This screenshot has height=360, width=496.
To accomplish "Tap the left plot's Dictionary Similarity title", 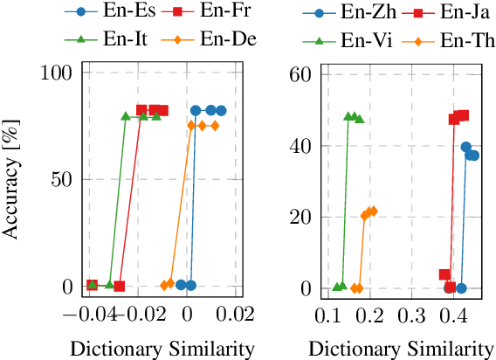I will click(162, 348).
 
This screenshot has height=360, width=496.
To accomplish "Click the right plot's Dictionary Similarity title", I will click(402, 348).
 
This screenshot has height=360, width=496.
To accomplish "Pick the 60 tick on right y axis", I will click(300, 74).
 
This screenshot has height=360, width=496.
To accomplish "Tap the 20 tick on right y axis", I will click(300, 217).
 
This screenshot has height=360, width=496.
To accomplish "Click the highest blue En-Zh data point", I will click(466, 147).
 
